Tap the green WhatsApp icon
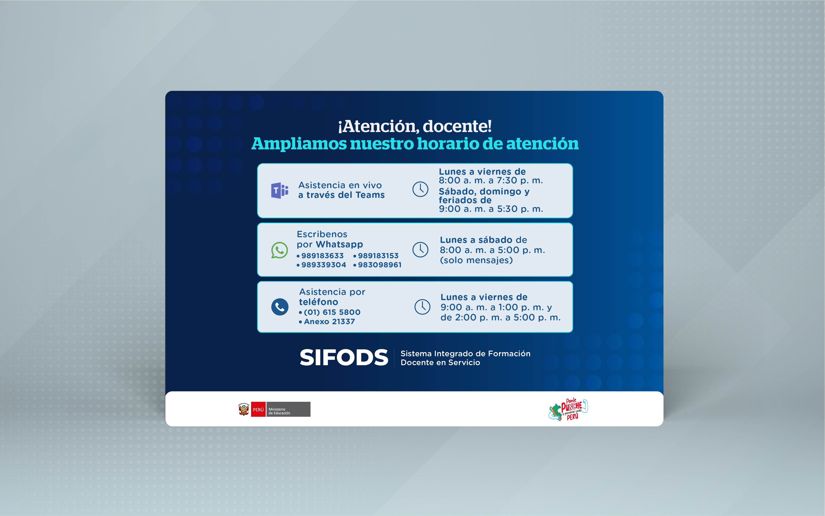point(279,250)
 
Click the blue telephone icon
point(280,307)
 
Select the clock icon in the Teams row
point(420,189)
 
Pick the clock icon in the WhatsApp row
point(420,250)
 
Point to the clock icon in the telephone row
point(422,307)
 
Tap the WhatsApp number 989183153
point(378,256)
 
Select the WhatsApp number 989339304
point(324,265)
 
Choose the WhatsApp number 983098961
point(380,265)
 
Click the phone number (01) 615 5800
point(332,312)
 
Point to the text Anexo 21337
point(329,321)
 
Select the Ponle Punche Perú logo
point(568,410)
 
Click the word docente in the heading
point(457,126)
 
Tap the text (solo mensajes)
point(476,260)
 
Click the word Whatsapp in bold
point(340,245)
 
